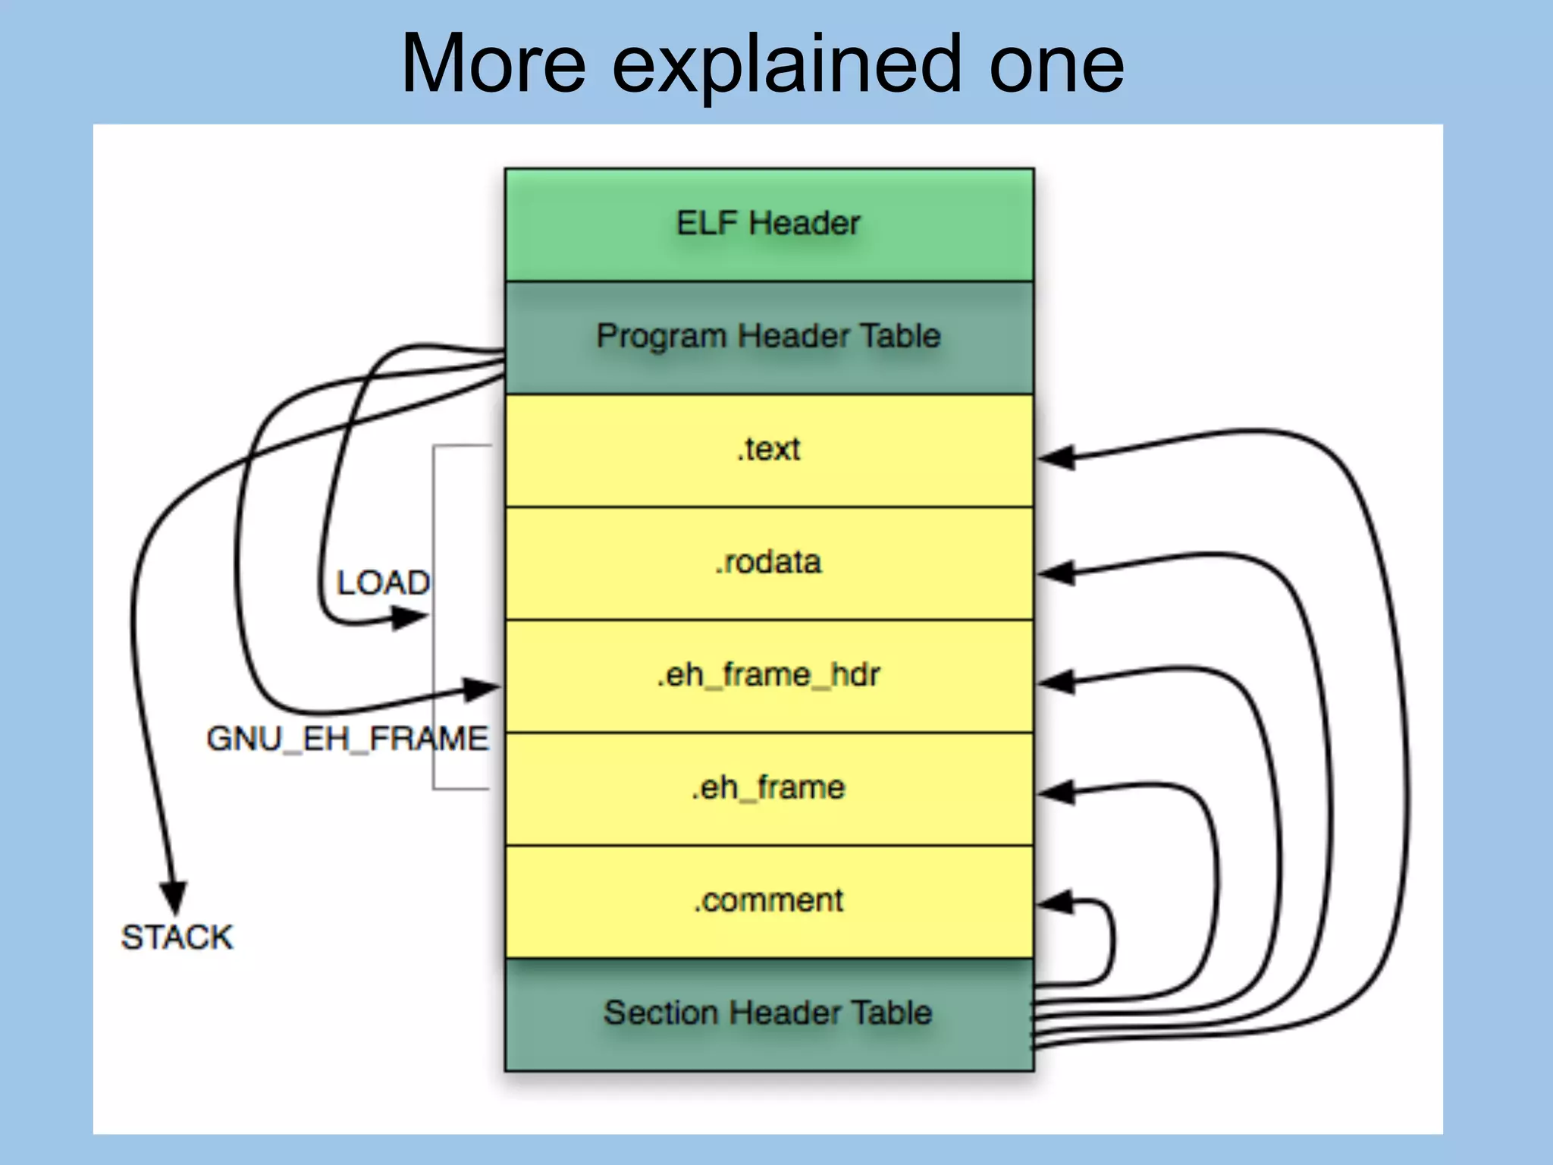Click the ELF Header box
[x=768, y=225]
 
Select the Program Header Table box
[x=768, y=337]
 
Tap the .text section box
[x=768, y=450]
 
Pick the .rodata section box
[x=768, y=563]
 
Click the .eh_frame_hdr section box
[x=768, y=675]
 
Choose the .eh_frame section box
[x=768, y=788]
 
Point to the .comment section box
[x=768, y=901]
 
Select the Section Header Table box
[x=768, y=1013]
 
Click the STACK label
[x=177, y=937]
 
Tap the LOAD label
[x=383, y=583]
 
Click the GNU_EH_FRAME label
[x=347, y=739]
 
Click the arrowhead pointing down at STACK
[x=174, y=897]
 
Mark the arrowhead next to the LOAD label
[x=409, y=618]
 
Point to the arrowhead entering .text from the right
[x=1056, y=458]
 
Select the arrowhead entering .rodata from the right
[x=1056, y=573]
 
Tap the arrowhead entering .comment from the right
[x=1056, y=903]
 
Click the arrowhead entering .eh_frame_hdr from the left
[x=482, y=689]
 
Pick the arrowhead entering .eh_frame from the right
[x=1056, y=793]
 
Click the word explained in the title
[x=786, y=67]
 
